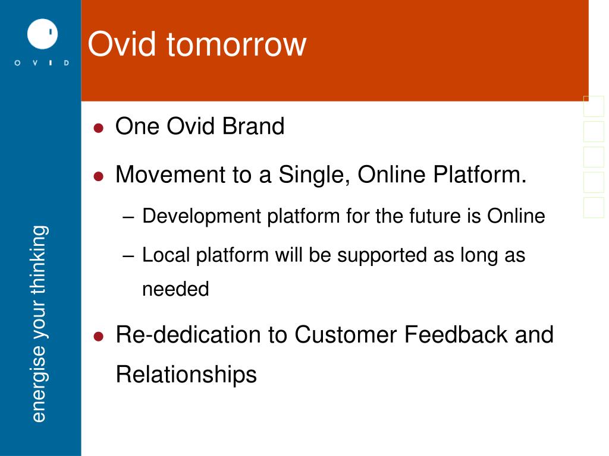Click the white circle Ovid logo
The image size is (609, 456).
(x=42, y=34)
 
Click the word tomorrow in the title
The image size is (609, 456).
(x=237, y=44)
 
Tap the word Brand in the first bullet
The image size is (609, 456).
(x=253, y=126)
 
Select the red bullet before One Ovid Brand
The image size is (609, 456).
(x=99, y=128)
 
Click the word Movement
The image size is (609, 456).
(x=171, y=175)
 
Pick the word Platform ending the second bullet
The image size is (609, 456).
(x=479, y=175)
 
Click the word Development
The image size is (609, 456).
(x=202, y=216)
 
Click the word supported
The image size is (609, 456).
(x=382, y=256)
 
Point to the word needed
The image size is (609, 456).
(x=175, y=289)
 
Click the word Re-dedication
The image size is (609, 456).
(x=201, y=334)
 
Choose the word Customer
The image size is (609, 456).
(x=346, y=334)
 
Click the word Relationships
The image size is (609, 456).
(x=186, y=375)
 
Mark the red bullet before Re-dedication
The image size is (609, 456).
(x=99, y=337)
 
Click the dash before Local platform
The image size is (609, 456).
(x=128, y=256)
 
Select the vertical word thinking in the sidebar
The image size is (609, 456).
(x=39, y=260)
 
